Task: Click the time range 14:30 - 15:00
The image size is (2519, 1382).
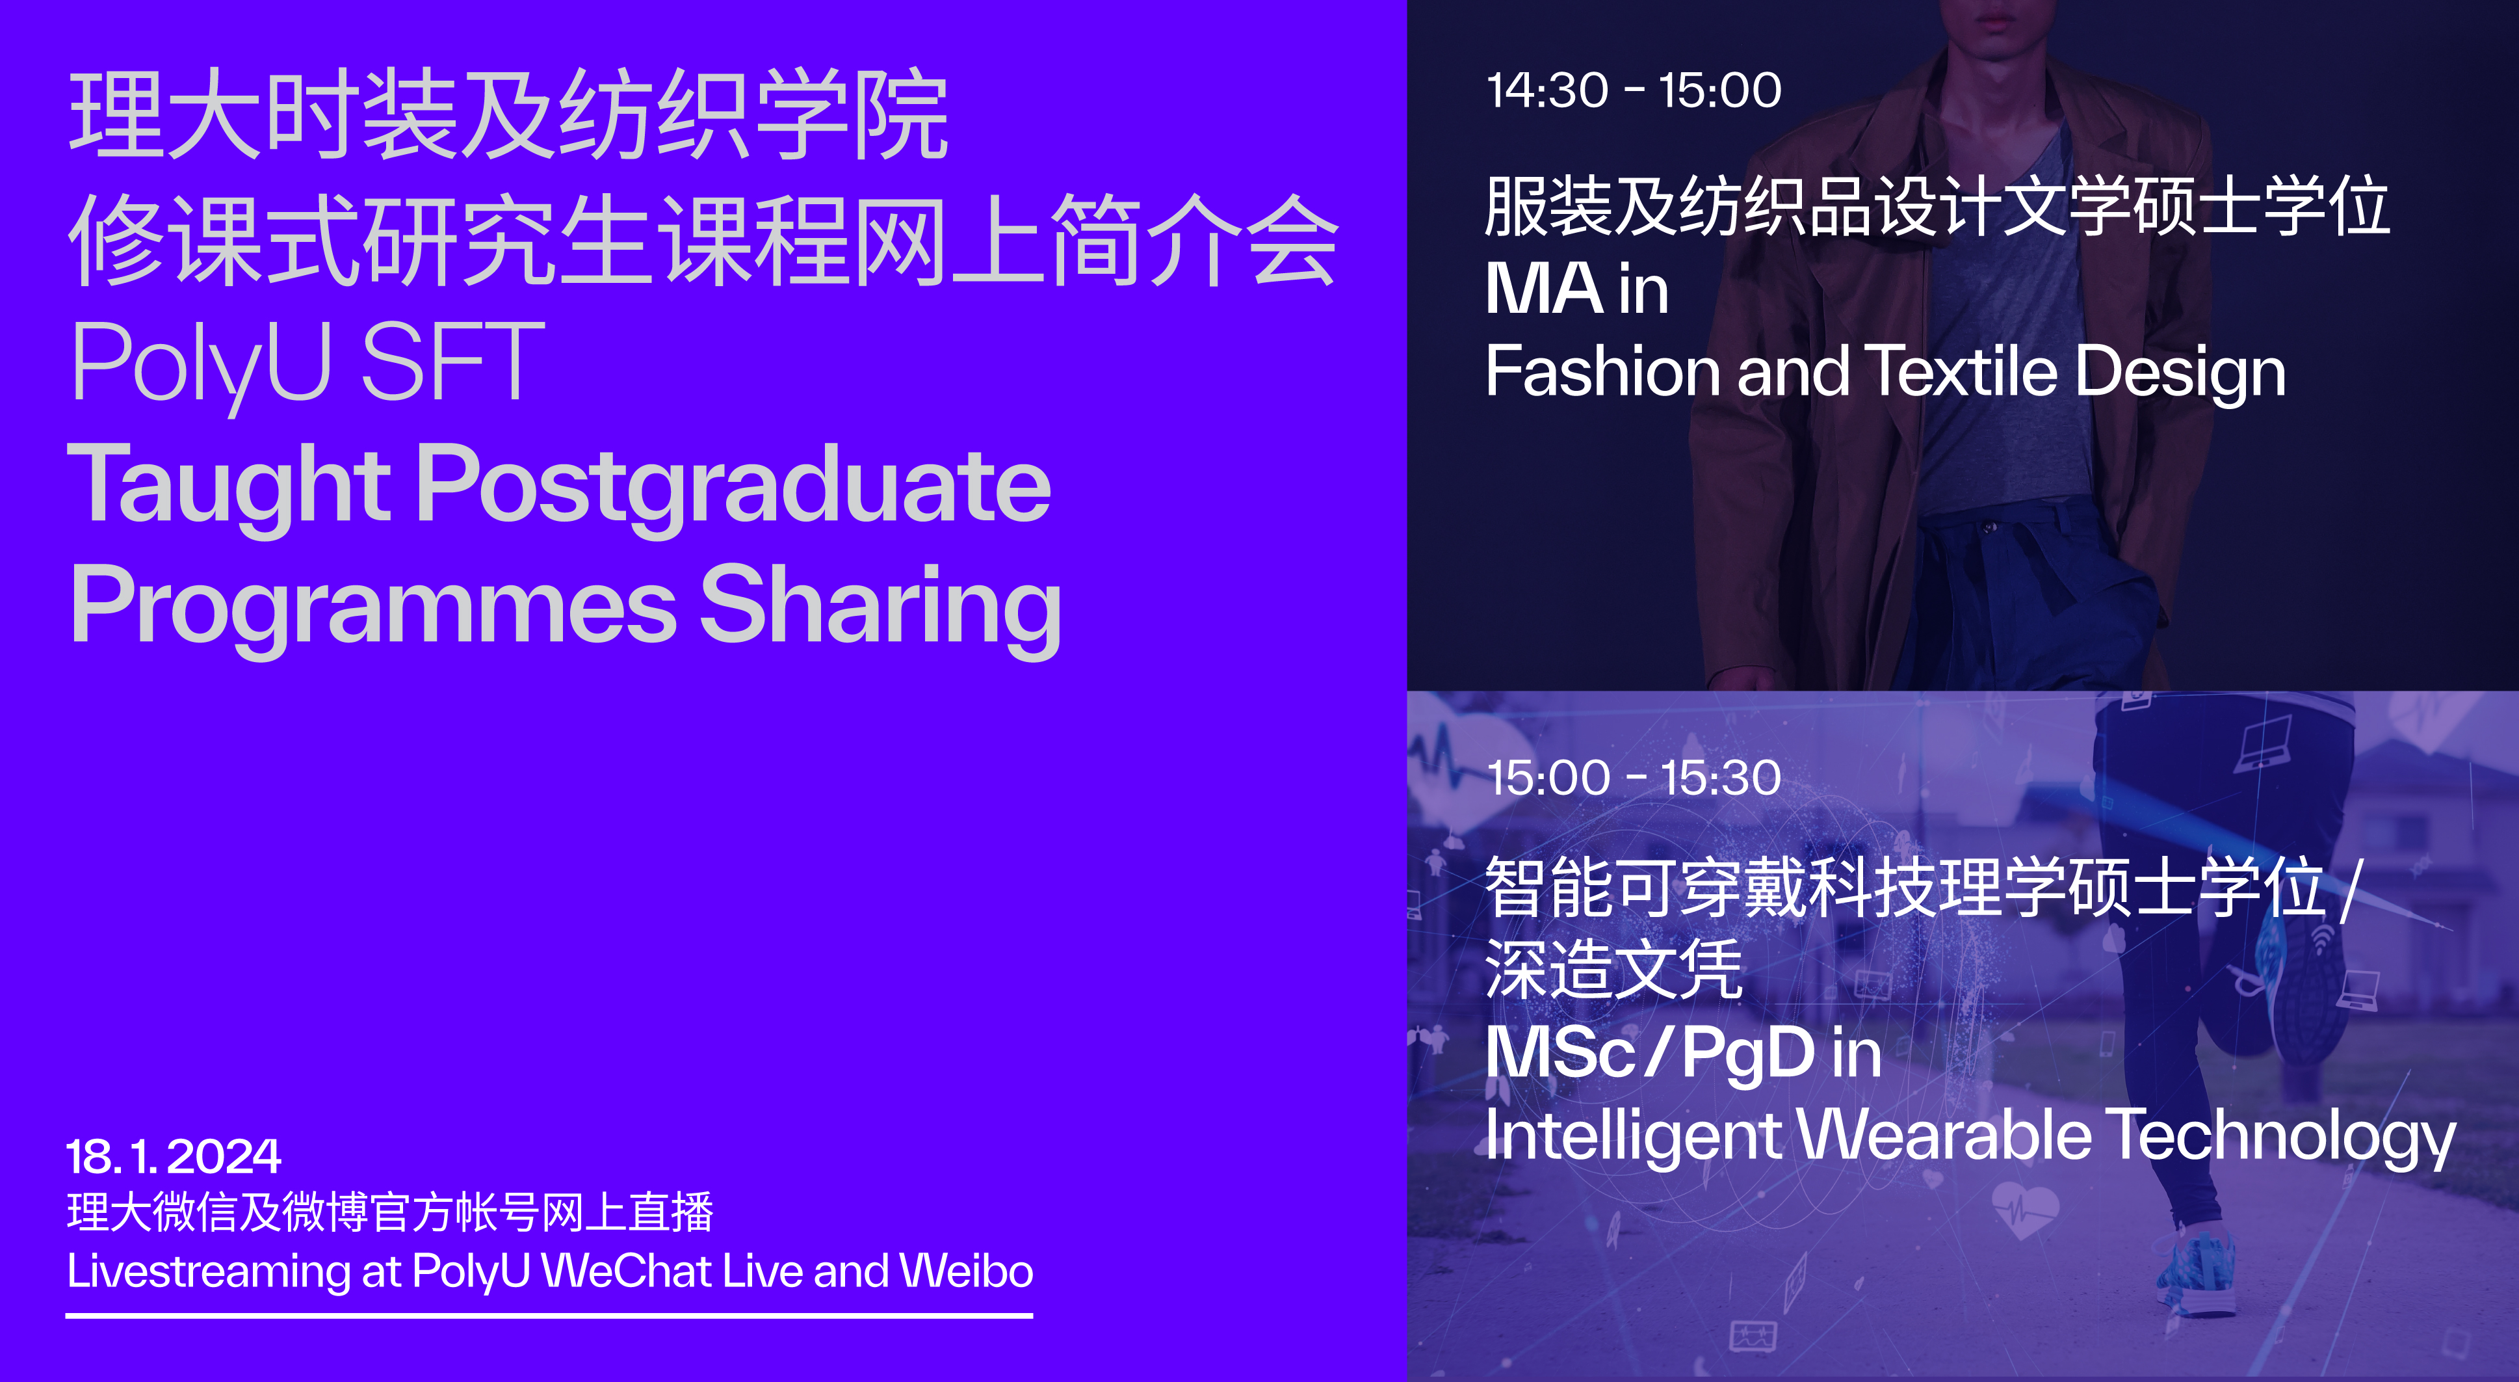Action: [x=1633, y=91]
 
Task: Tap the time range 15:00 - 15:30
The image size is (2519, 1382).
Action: [x=1633, y=778]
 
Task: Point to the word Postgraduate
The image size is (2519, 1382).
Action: [x=733, y=486]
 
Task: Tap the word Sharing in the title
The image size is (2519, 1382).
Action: [x=880, y=606]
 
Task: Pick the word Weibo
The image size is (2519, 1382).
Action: [x=966, y=1271]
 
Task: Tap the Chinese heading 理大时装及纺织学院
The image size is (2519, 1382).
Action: [x=508, y=115]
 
